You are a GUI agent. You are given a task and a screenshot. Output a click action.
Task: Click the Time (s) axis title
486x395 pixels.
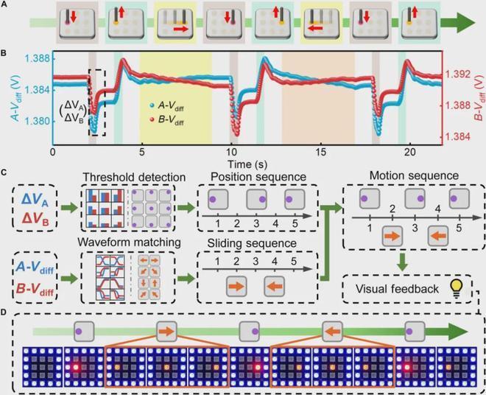coord(247,164)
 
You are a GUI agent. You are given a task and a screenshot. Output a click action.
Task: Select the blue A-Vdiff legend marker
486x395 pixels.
coord(151,105)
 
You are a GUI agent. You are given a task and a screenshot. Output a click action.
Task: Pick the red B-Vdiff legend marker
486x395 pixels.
coord(151,119)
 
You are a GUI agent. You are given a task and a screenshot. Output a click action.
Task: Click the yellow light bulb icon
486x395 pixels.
coord(456,288)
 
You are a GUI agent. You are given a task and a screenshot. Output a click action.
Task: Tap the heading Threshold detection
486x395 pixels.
coord(134,177)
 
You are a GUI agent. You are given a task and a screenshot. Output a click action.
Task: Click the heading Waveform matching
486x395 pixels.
coord(129,242)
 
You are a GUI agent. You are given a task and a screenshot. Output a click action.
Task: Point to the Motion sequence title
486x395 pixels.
coord(414,175)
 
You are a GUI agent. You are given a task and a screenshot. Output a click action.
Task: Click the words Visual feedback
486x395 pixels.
coord(397,289)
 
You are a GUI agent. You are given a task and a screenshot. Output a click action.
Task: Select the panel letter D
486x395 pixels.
coord(4,312)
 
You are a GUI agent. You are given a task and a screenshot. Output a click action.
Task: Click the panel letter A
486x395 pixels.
coord(4,5)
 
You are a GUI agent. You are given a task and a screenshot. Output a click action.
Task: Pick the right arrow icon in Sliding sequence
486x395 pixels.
coord(237,286)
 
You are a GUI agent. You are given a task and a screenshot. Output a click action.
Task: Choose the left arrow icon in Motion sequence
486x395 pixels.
coord(438,236)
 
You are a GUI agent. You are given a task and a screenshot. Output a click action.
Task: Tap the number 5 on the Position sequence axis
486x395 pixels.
coord(295,223)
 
